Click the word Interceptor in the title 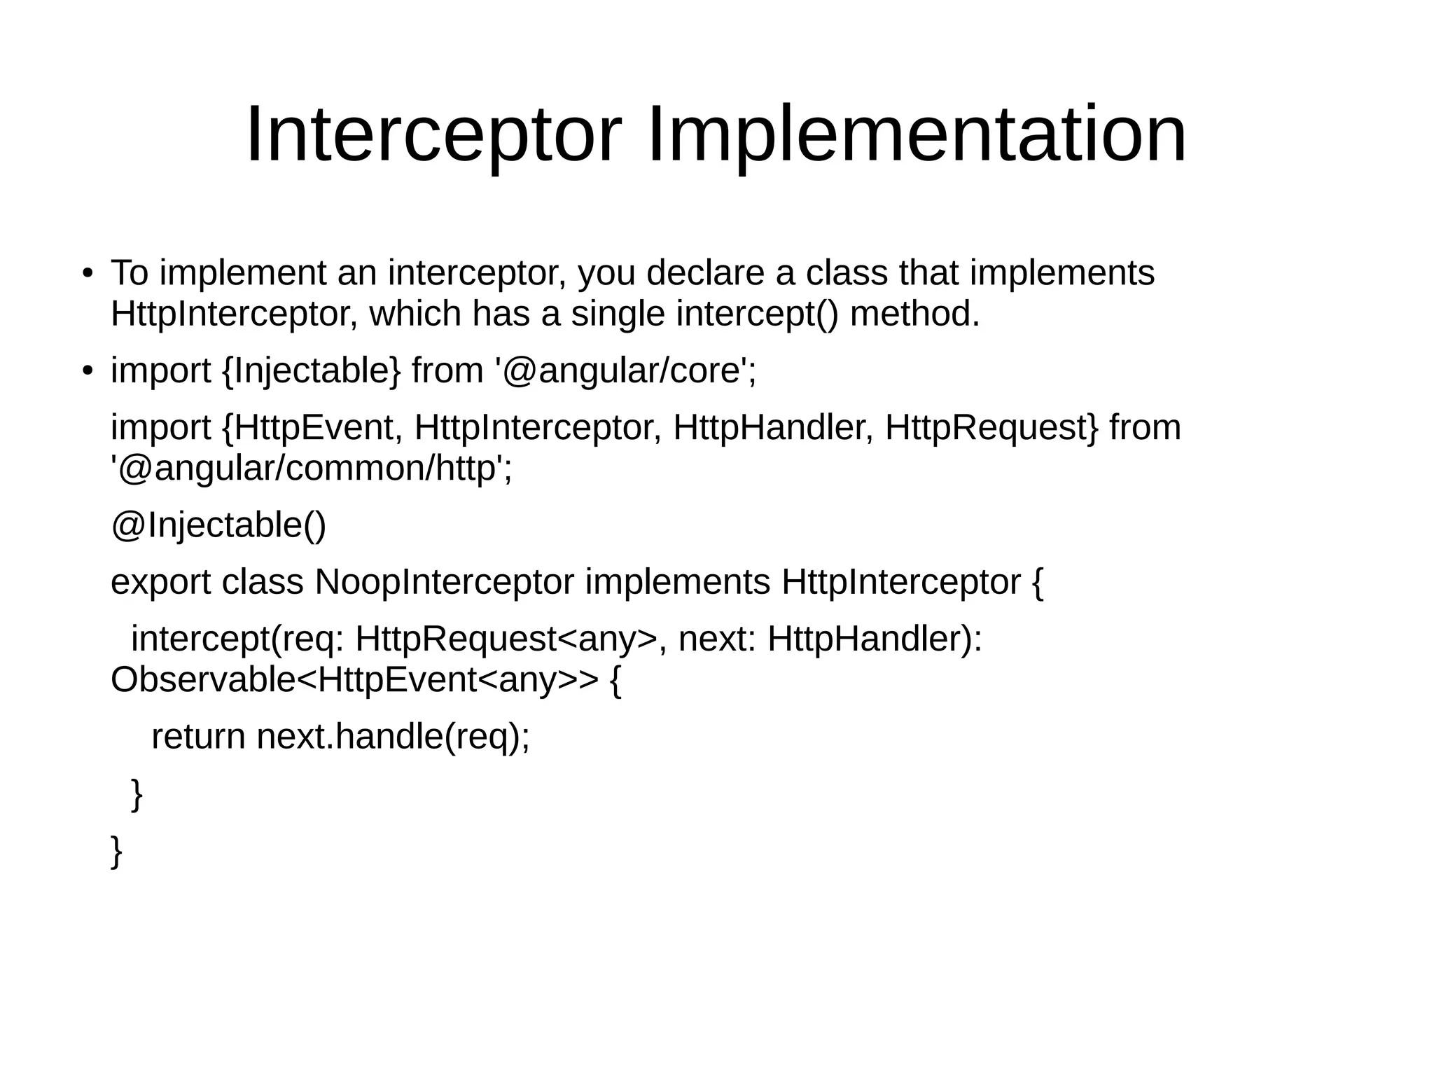pyautogui.click(x=433, y=134)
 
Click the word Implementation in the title pyautogui.click(x=917, y=134)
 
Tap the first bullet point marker pyautogui.click(x=87, y=273)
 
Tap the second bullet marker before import pyautogui.click(x=87, y=371)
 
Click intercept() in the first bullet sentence pyautogui.click(x=756, y=314)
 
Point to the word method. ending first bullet pyautogui.click(x=914, y=314)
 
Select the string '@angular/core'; pyautogui.click(x=625, y=371)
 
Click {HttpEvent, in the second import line pyautogui.click(x=311, y=428)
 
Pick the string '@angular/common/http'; pyautogui.click(x=311, y=469)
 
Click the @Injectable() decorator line pyautogui.click(x=218, y=525)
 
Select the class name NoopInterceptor pyautogui.click(x=444, y=582)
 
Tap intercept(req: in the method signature pyautogui.click(x=237, y=639)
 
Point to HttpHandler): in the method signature pyautogui.click(x=875, y=639)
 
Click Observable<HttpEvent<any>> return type pyautogui.click(x=354, y=679)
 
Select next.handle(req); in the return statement pyautogui.click(x=393, y=736)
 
